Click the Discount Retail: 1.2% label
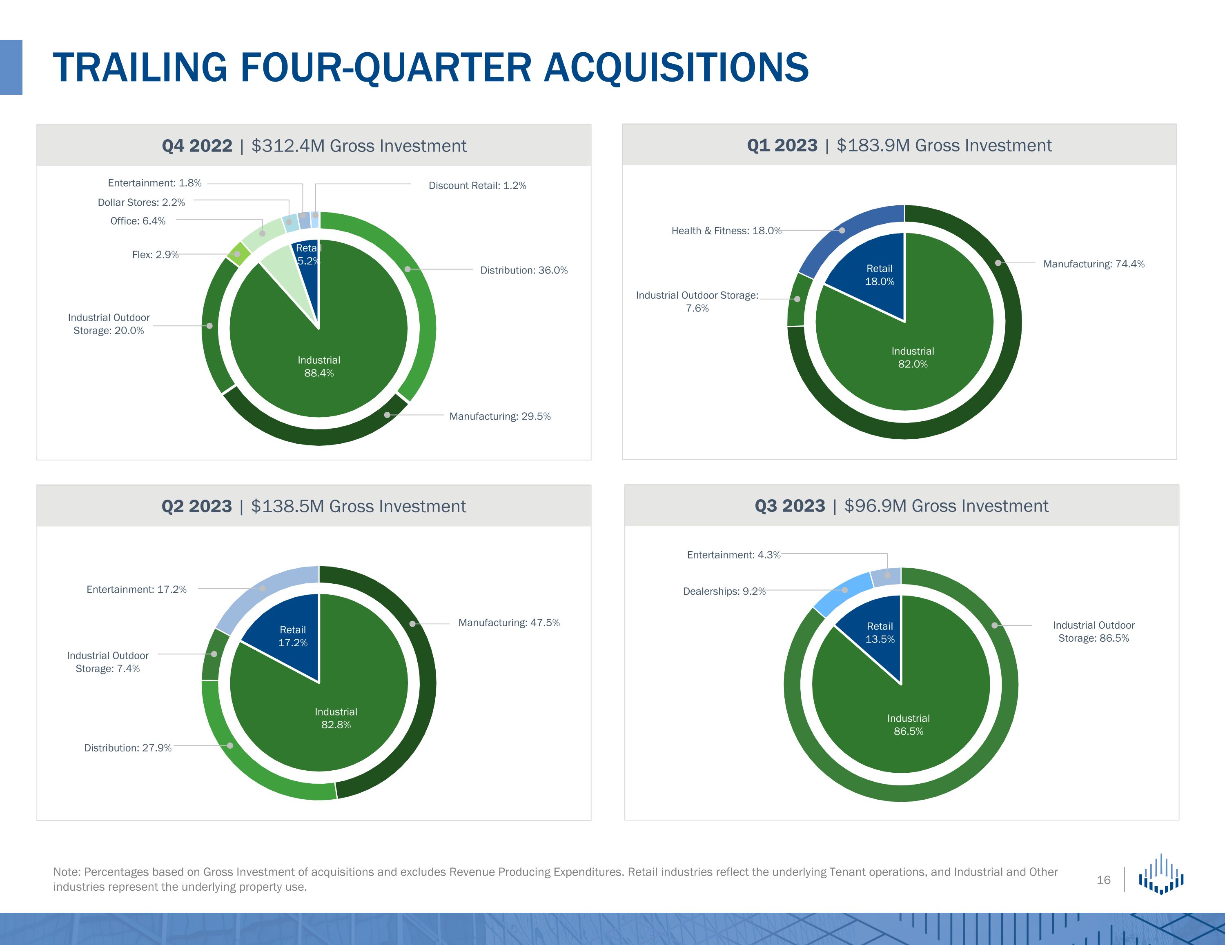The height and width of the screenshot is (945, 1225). click(x=477, y=186)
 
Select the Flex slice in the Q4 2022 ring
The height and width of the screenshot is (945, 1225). click(x=239, y=253)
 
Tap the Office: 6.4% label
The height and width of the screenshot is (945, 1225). click(x=138, y=221)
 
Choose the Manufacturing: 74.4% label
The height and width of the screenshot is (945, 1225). click(x=1094, y=264)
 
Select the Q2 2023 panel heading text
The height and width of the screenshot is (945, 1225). click(x=314, y=506)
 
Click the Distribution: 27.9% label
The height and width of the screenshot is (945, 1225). click(x=128, y=747)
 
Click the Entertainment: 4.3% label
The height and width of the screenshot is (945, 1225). click(x=734, y=555)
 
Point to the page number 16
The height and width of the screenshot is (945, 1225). click(x=1103, y=880)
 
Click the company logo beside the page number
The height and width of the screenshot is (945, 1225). click(x=1161, y=874)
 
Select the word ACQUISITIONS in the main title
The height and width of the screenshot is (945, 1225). click(x=676, y=68)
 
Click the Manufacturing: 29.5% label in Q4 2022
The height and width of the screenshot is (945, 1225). click(x=500, y=416)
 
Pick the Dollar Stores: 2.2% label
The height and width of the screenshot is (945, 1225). click(x=141, y=202)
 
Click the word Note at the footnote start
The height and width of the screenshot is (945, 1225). click(x=67, y=872)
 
